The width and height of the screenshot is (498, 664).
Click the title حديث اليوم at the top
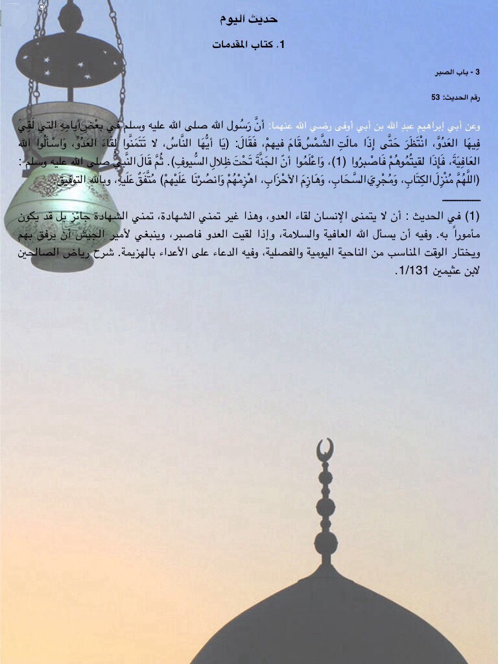(x=249, y=19)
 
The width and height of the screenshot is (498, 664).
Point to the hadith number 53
(x=436, y=97)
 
